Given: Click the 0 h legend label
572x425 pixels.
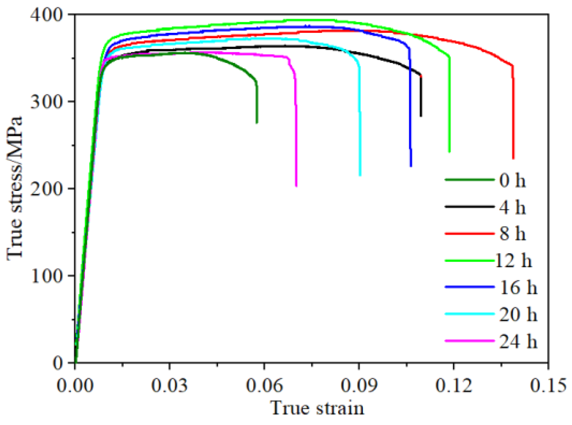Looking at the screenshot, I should point(512,180).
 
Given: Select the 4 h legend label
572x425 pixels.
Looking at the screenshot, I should point(512,207).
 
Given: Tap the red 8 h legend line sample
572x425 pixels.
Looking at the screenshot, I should point(470,234).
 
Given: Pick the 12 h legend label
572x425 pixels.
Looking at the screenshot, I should point(513,261).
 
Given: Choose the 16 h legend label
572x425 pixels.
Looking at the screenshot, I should point(518,287).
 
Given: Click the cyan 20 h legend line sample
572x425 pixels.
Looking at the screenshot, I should point(470,314).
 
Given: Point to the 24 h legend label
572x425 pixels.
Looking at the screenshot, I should point(518,341).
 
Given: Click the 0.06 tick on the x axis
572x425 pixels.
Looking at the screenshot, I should point(264,385).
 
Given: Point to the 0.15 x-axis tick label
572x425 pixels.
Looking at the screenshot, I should point(547,385).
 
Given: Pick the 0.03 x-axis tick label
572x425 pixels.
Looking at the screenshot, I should point(169,385).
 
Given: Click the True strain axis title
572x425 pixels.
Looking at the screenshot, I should point(317,408).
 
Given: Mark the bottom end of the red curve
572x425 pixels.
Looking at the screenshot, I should point(513,158).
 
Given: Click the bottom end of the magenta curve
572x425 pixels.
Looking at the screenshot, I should point(296,186).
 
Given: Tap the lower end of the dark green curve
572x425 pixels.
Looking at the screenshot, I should point(257,123).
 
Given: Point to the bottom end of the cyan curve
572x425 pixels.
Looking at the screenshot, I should point(360,175).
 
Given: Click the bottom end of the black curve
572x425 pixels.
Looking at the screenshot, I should point(421,116).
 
